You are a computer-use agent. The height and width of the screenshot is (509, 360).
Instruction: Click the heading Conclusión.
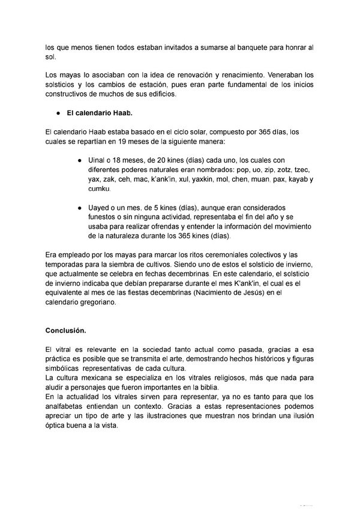pos(65,330)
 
